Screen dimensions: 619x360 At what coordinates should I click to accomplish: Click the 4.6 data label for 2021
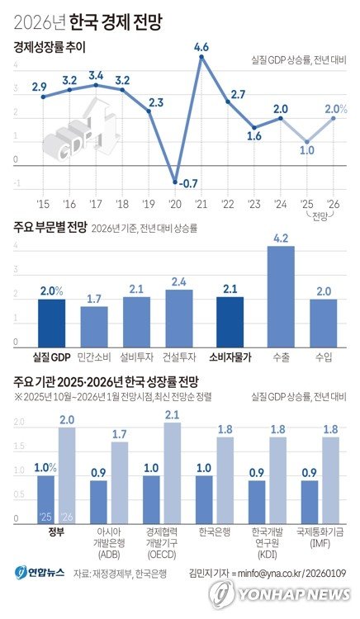(201, 47)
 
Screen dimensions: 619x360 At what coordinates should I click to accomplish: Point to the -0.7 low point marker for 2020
(175, 181)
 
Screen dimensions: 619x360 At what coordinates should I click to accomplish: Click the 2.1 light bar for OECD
(172, 470)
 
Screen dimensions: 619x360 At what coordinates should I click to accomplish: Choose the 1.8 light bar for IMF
(330, 479)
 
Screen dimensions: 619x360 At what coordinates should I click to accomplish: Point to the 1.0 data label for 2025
(307, 150)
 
